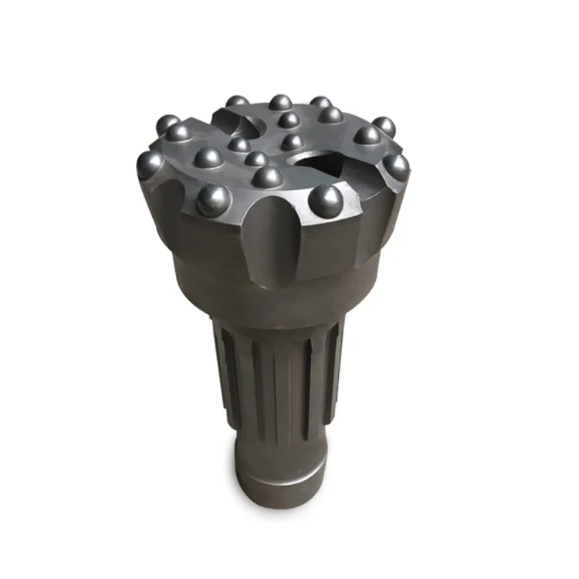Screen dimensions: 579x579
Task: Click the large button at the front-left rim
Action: [212, 200]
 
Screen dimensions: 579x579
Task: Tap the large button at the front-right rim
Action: [326, 200]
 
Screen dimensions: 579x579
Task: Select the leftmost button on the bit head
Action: [150, 164]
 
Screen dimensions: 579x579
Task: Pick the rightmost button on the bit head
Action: [397, 165]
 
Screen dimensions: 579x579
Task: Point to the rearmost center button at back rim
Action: [280, 103]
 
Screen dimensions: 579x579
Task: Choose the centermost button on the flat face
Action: [292, 142]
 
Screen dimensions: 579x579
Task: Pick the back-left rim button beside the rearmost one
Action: [237, 102]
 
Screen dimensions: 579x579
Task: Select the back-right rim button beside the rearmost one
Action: [320, 103]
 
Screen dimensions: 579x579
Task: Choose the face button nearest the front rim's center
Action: [267, 177]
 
